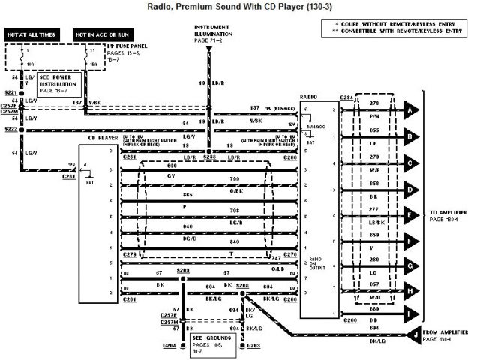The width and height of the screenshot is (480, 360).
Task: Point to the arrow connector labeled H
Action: click(x=409, y=291)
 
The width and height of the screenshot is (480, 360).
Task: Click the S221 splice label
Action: click(x=11, y=94)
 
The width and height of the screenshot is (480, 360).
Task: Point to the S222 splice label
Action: click(x=11, y=130)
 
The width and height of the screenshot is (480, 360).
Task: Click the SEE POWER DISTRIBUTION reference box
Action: click(x=59, y=84)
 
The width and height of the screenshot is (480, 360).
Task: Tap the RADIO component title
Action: click(x=307, y=97)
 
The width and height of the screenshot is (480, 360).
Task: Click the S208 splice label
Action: click(x=183, y=268)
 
